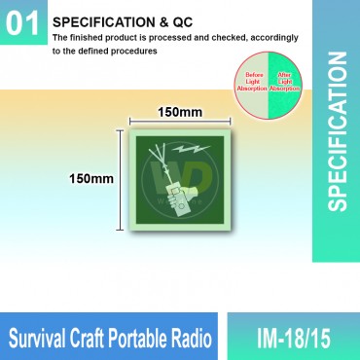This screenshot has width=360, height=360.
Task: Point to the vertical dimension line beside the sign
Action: click(121, 179)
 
